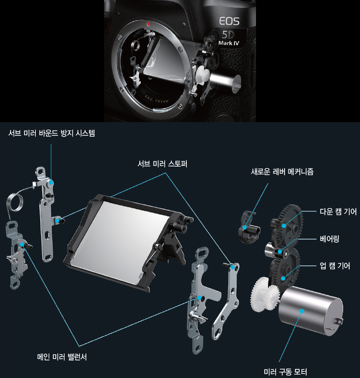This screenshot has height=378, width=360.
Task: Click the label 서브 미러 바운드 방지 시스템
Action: point(52,133)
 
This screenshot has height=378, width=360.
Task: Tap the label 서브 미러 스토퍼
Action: point(162,164)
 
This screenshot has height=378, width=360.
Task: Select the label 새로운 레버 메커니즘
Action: point(282,172)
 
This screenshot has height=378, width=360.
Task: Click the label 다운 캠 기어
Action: point(338,212)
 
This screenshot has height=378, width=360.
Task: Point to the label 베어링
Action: point(330,239)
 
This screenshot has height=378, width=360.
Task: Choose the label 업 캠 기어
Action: point(335,266)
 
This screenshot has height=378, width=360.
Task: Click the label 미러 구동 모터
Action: point(285,372)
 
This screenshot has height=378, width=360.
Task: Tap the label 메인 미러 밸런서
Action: point(62,357)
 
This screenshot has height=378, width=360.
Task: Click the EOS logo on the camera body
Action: point(229,21)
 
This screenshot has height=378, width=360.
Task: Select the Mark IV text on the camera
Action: point(229,43)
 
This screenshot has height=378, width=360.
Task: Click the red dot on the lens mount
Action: point(148,24)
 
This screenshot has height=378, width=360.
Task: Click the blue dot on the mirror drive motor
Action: point(302,311)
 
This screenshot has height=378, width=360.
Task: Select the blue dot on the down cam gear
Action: point(284,226)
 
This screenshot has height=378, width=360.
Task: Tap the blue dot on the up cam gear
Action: point(283,278)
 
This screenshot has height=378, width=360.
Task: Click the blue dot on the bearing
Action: point(280,252)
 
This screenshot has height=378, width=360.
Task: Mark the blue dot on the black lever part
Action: point(245,227)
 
